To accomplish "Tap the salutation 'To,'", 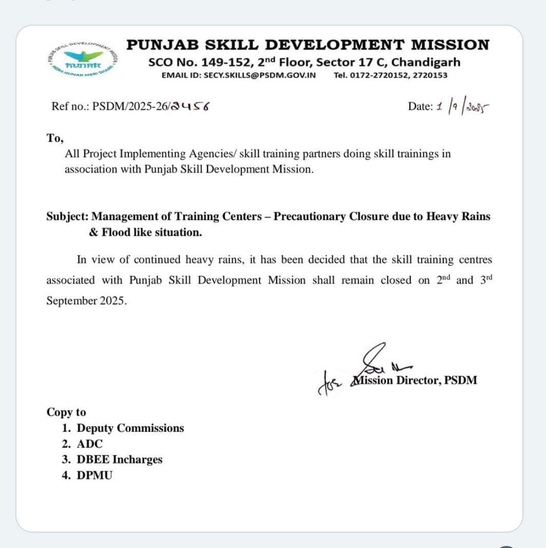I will point(55,138).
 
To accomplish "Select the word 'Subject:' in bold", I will point(67,216).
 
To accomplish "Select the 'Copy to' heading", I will point(66,412).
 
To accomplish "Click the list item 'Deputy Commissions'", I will point(130,428).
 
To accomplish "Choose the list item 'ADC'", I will point(90,444).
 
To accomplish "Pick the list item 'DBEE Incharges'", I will point(119,459).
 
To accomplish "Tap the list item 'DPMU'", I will point(95,475).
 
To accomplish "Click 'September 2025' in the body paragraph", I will point(86,301).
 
